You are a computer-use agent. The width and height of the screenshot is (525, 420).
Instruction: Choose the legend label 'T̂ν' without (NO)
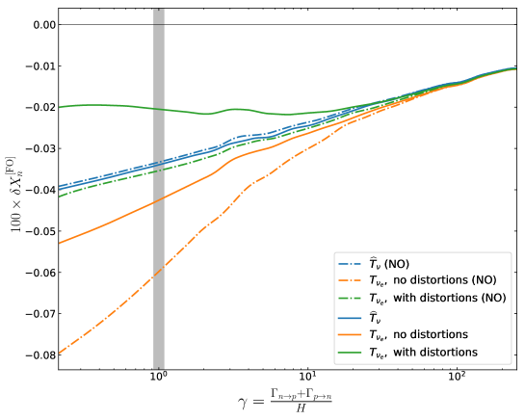(x=376, y=316)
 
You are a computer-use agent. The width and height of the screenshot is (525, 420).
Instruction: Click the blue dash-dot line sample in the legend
(x=349, y=263)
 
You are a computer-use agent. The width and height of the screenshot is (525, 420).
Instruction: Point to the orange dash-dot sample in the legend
(x=349, y=280)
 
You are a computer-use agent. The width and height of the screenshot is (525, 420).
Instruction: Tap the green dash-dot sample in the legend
(x=349, y=299)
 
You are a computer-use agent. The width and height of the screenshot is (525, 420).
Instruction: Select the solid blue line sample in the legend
(x=349, y=316)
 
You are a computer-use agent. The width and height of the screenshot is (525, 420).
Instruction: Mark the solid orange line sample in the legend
(x=349, y=334)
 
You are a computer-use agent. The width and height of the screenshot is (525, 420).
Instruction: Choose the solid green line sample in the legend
(x=349, y=353)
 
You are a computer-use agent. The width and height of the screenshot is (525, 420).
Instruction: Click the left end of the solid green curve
(x=60, y=106)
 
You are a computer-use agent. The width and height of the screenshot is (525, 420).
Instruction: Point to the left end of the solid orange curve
(x=60, y=243)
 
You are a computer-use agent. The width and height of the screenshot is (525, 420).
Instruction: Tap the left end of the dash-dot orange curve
(x=60, y=353)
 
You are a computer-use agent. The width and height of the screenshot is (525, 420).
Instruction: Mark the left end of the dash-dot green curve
(x=60, y=196)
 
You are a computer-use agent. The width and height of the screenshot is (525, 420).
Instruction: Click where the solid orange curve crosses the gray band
(x=159, y=199)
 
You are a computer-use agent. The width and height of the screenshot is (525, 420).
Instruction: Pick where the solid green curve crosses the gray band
(x=159, y=109)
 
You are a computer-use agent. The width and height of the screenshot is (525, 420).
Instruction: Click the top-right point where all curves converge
(x=516, y=68)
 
